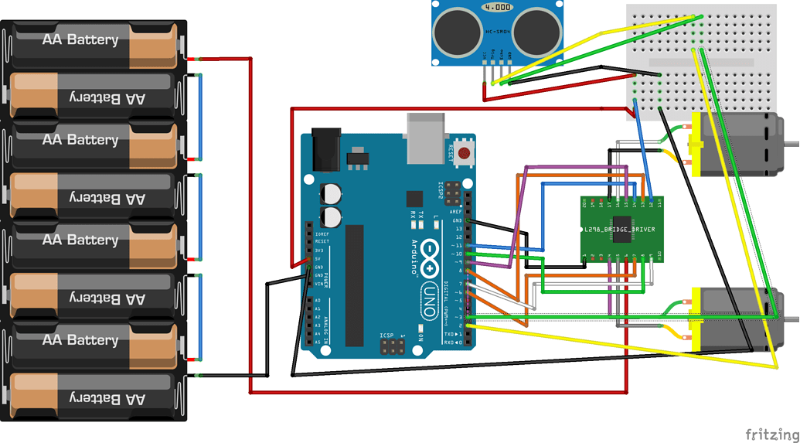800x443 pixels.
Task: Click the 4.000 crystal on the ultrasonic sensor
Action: [498, 7]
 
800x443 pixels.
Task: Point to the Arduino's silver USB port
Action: [426, 138]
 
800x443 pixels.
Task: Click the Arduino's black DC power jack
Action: [325, 149]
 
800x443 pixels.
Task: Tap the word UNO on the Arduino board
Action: [427, 298]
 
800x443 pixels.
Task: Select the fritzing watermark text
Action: [772, 434]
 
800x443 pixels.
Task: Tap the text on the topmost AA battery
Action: [80, 39]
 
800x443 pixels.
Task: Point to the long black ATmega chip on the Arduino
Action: [354, 285]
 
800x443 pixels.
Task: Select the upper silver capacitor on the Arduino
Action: [332, 193]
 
